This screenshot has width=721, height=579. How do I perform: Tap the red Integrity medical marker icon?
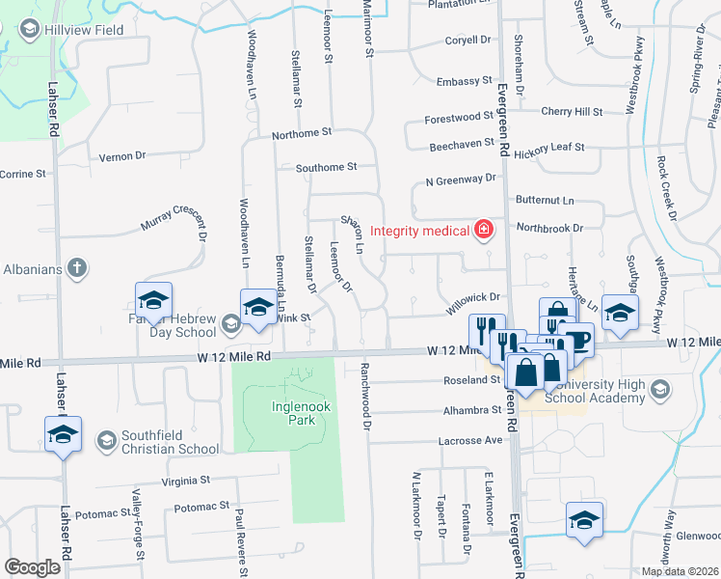click(x=483, y=230)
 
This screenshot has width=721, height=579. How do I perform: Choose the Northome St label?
click(x=301, y=132)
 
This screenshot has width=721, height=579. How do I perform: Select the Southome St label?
click(x=326, y=167)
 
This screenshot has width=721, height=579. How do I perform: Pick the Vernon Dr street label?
click(x=122, y=155)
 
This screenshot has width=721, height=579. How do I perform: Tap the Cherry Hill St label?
click(x=572, y=112)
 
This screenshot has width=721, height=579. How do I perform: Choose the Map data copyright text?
click(x=680, y=571)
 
